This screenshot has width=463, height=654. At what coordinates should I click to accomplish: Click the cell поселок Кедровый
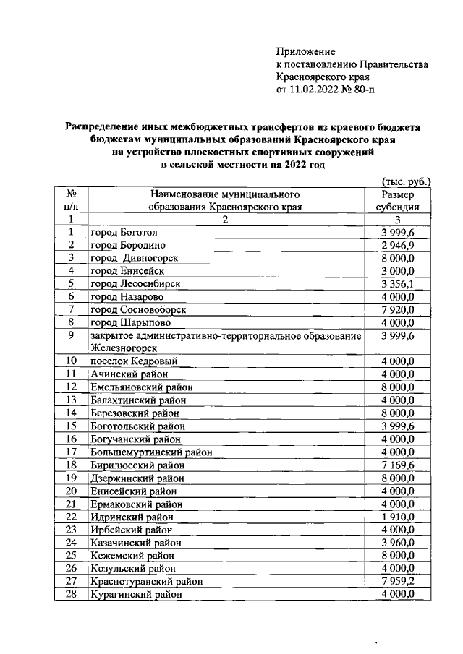point(134,361)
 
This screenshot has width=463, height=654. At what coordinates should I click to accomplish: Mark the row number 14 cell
point(72,413)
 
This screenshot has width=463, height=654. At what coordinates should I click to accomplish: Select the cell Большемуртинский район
point(151,452)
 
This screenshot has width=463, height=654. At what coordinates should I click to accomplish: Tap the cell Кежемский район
point(130,556)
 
